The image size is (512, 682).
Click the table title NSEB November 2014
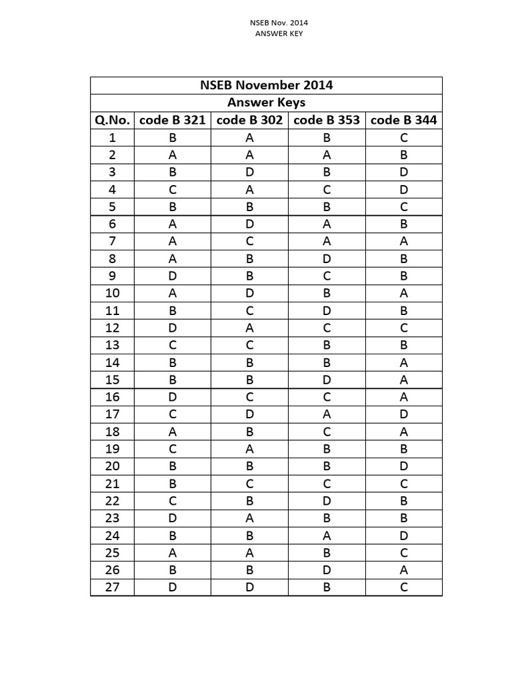(x=266, y=85)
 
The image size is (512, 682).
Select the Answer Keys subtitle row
(x=266, y=103)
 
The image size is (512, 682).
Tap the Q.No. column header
(x=112, y=120)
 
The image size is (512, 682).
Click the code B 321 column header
(x=173, y=120)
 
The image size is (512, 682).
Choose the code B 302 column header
(x=249, y=120)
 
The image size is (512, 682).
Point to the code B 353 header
(x=327, y=120)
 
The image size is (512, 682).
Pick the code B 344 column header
(x=403, y=120)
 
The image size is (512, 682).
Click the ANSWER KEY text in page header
(x=279, y=33)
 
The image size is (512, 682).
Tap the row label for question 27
(x=112, y=587)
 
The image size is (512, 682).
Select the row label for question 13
(x=112, y=345)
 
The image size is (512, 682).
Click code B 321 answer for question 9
(x=173, y=276)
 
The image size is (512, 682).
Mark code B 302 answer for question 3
(x=249, y=172)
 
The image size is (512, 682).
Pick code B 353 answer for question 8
(x=327, y=258)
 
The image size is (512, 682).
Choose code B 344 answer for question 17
(x=403, y=414)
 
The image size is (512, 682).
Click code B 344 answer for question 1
(x=403, y=137)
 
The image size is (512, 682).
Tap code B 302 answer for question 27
(x=249, y=587)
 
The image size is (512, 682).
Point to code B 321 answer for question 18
(x=173, y=432)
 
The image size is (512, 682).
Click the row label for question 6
(x=112, y=224)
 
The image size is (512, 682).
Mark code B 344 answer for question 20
(x=403, y=466)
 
